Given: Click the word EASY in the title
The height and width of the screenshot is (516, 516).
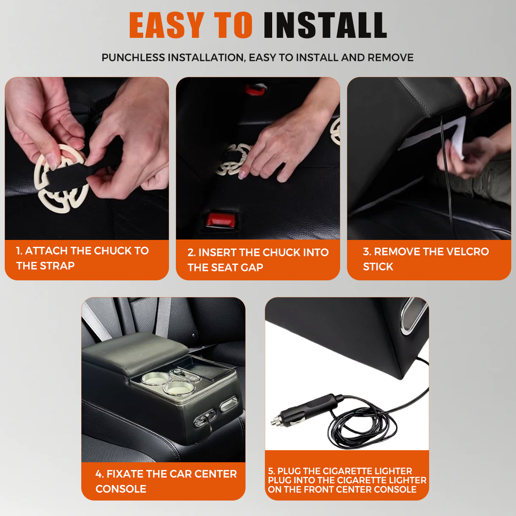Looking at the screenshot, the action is click(x=167, y=25).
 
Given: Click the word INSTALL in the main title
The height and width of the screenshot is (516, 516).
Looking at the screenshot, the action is click(x=325, y=25).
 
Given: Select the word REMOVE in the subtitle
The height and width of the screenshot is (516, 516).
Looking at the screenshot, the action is click(x=390, y=58).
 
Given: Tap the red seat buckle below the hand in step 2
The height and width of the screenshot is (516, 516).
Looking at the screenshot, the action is click(x=221, y=220).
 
